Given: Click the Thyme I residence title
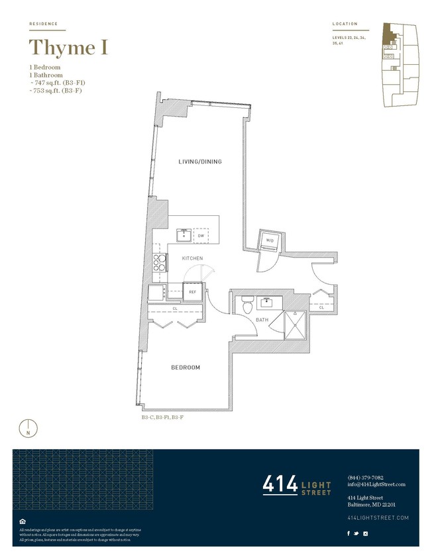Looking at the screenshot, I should pyautogui.click(x=68, y=48).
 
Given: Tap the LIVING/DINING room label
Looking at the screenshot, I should pyautogui.click(x=199, y=162).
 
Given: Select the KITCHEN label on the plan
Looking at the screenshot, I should pyautogui.click(x=192, y=258).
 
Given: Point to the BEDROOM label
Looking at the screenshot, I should pyautogui.click(x=186, y=368).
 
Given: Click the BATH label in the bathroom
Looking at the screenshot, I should pyautogui.click(x=262, y=321).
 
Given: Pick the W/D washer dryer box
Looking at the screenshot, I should pyautogui.click(x=270, y=240).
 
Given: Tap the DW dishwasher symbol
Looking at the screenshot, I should pyautogui.click(x=201, y=235).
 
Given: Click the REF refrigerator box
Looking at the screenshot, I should pyautogui.click(x=193, y=291).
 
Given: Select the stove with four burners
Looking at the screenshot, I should pyautogui.click(x=160, y=262).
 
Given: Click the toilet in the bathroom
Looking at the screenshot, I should pyautogui.click(x=246, y=305).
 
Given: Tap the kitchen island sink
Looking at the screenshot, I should pyautogui.click(x=183, y=234).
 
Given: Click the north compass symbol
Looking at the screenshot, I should pyautogui.click(x=28, y=427).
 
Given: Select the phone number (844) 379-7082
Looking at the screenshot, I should pyautogui.click(x=365, y=478).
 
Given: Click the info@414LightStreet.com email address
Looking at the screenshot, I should pyautogui.click(x=376, y=484).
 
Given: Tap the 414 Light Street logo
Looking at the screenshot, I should pyautogui.click(x=297, y=485).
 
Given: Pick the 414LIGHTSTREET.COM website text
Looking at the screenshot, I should pyautogui.click(x=378, y=517).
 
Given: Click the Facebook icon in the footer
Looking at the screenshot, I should pyautogui.click(x=349, y=533).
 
